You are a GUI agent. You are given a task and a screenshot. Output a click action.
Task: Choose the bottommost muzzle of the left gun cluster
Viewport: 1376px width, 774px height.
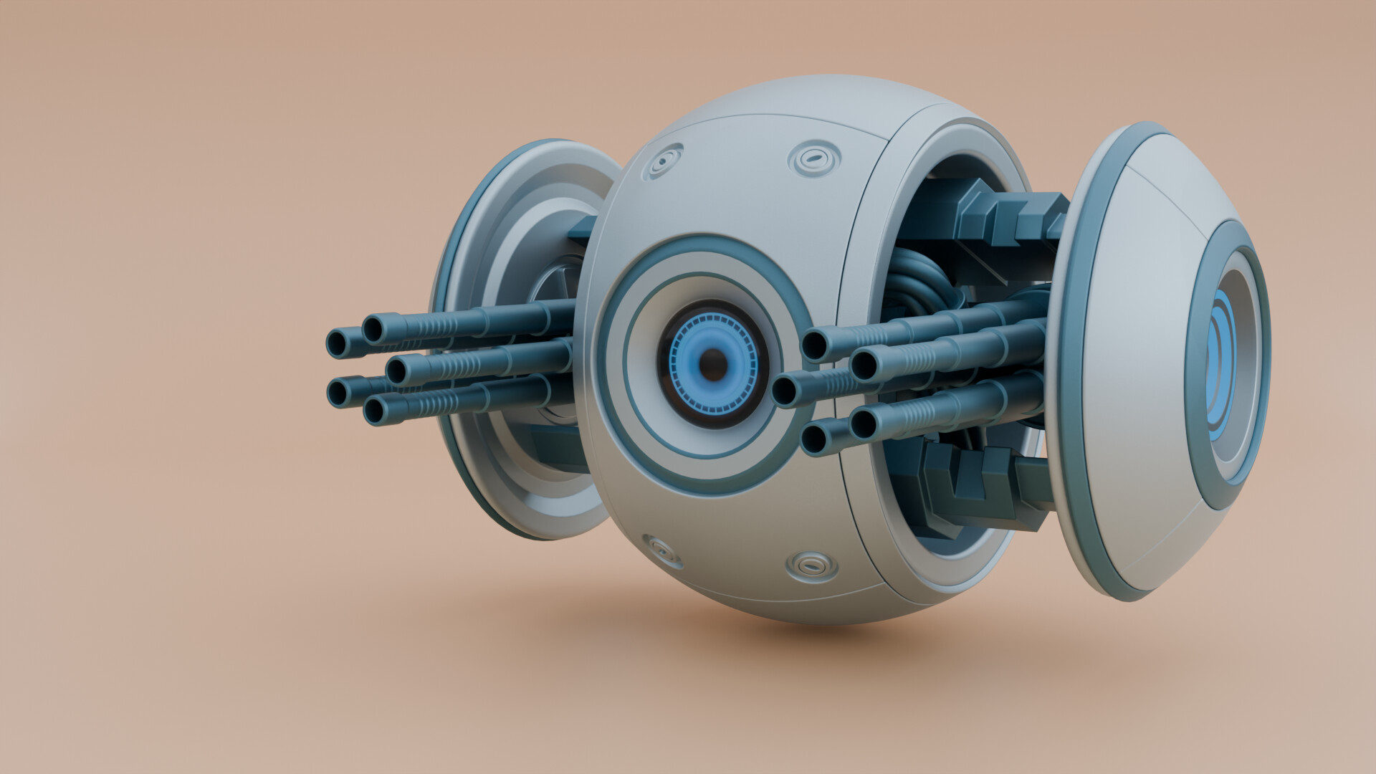point(375,411)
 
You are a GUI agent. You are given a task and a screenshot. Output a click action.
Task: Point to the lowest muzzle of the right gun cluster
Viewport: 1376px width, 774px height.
point(813,439)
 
